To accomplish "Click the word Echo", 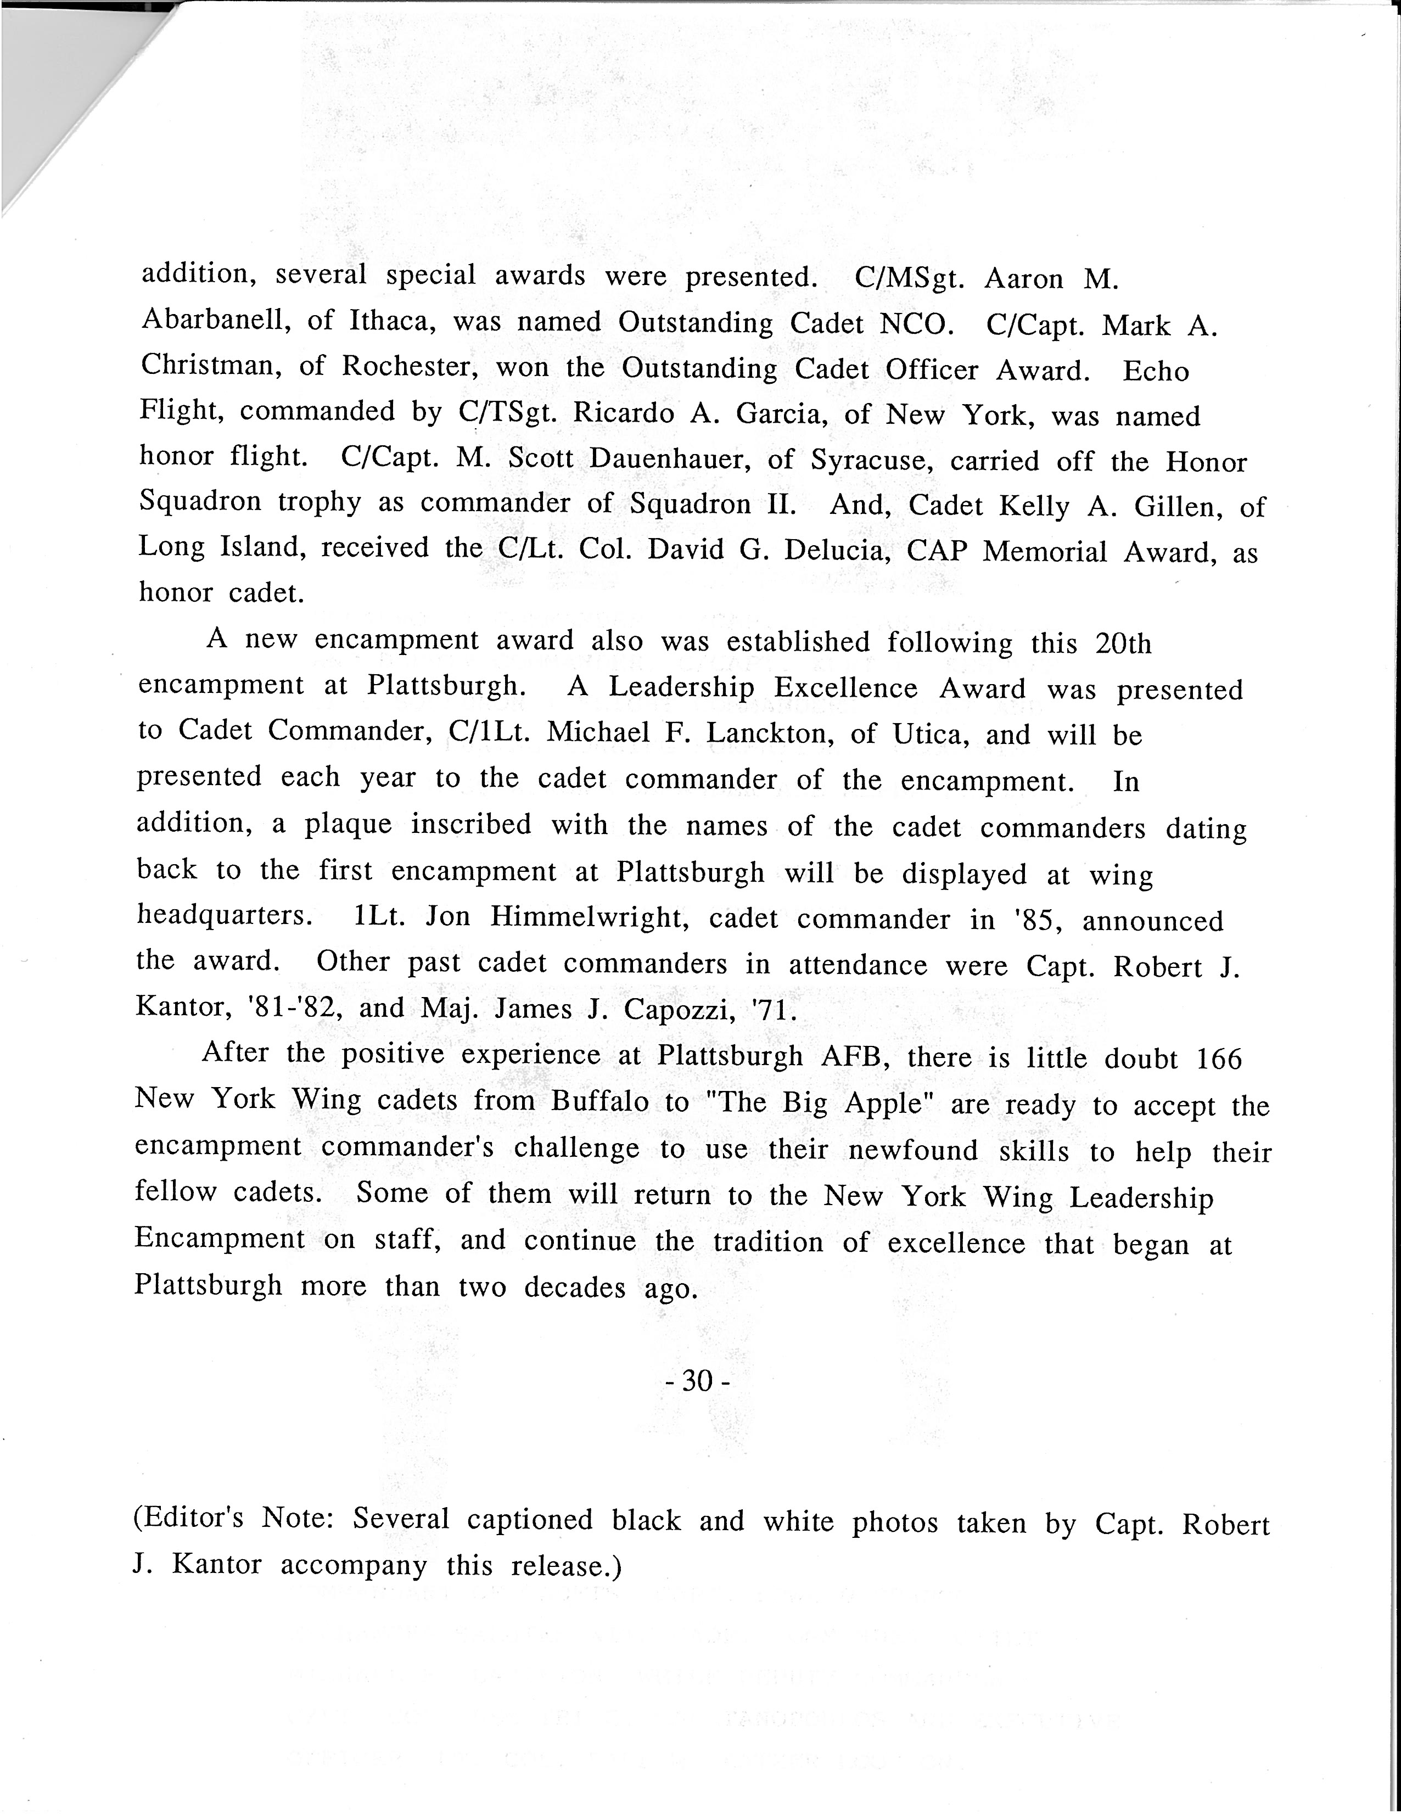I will point(1156,371).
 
